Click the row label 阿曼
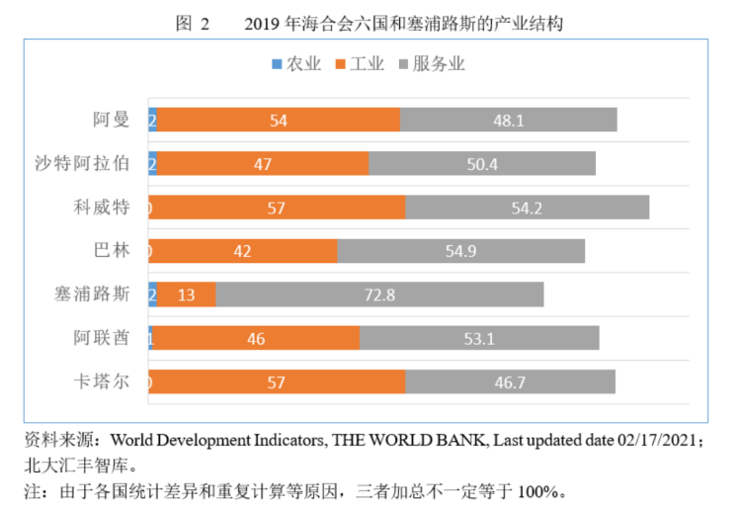click(x=111, y=120)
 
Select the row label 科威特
click(x=103, y=208)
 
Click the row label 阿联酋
click(x=103, y=338)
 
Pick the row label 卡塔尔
click(x=103, y=382)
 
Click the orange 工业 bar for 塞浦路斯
click(x=186, y=295)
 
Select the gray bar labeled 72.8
click(x=379, y=295)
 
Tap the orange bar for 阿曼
click(x=279, y=120)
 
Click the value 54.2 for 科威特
click(x=527, y=208)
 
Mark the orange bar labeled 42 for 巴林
click(x=243, y=251)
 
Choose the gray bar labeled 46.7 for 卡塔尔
click(x=510, y=382)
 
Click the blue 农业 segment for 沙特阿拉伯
click(x=152, y=164)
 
